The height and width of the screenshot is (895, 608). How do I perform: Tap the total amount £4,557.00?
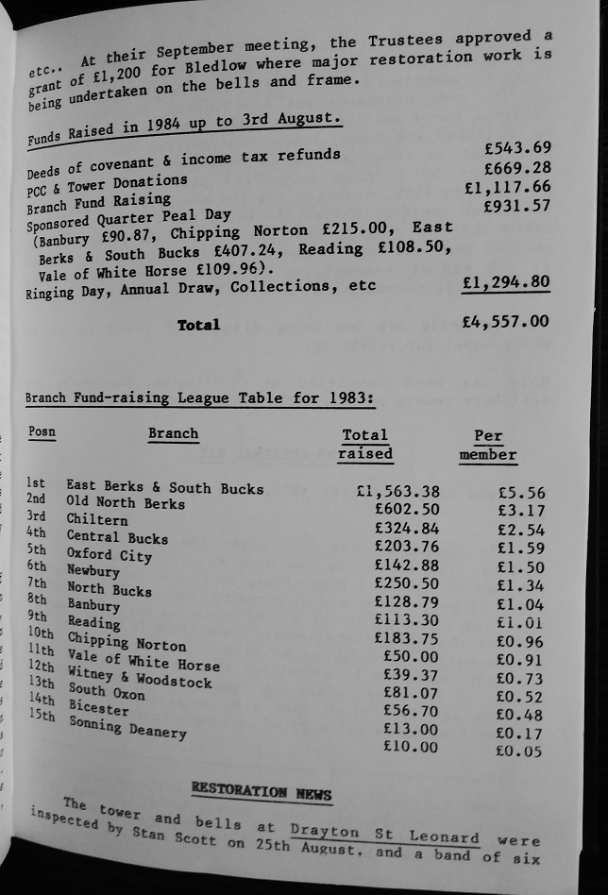pyautogui.click(x=505, y=322)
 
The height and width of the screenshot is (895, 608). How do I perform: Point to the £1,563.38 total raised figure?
pyautogui.click(x=397, y=491)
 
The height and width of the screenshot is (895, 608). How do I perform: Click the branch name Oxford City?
pyautogui.click(x=109, y=555)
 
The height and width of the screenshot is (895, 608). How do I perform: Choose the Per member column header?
pyautogui.click(x=488, y=445)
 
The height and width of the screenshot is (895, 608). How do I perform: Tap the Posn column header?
pyautogui.click(x=42, y=432)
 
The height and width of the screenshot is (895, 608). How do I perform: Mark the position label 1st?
pyautogui.click(x=36, y=483)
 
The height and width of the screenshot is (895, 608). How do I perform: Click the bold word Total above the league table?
pyautogui.click(x=198, y=325)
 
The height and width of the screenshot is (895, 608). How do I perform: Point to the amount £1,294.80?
pyautogui.click(x=506, y=282)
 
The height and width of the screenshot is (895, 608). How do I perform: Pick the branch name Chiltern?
pyautogui.click(x=96, y=519)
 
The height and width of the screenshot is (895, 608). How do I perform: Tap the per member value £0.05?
pyautogui.click(x=519, y=751)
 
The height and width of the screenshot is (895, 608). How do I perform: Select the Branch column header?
pyautogui.click(x=173, y=434)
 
